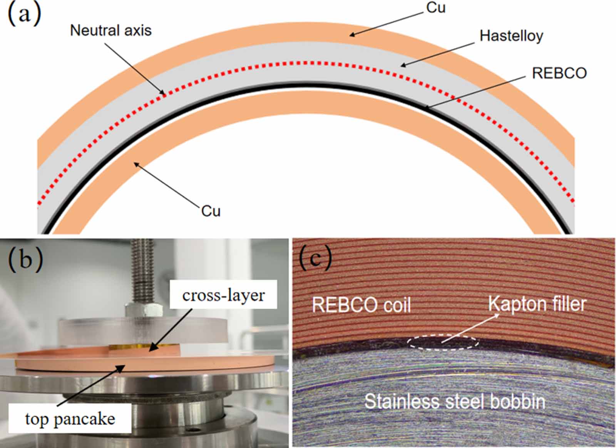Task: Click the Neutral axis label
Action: pos(110,30)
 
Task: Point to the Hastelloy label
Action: pos(511,36)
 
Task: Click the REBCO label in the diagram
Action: pos(559,73)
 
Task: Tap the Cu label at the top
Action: pos(436,7)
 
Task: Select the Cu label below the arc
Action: pos(211,211)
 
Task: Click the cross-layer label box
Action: pos(223,295)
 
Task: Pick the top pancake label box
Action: pos(70,418)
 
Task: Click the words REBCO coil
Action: pos(361,305)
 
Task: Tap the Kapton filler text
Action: pos(537,304)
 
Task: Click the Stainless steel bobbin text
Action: pos(455,401)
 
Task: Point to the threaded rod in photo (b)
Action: pos(142,269)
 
